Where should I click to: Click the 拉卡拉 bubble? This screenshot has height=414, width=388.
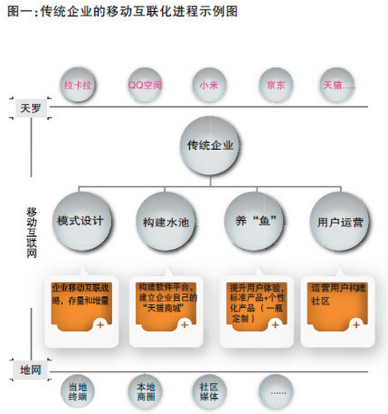[x=77, y=85]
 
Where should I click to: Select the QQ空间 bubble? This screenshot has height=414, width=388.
[x=145, y=85]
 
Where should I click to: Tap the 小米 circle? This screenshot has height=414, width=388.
[x=209, y=85]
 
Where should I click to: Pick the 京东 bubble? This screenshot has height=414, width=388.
[x=276, y=85]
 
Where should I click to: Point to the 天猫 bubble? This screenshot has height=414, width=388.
[x=337, y=85]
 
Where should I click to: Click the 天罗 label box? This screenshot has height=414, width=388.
[x=31, y=108]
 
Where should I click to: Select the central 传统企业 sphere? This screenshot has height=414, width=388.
[x=210, y=145]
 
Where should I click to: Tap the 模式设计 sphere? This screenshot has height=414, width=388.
[x=81, y=221]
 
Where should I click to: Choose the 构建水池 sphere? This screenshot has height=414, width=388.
[x=165, y=222]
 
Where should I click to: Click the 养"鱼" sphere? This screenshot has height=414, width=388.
[x=255, y=221]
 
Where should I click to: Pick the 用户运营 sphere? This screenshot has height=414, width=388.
[x=340, y=222]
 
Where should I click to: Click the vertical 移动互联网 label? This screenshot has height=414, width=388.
[x=31, y=232]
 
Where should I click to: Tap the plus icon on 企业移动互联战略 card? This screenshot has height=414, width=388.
[x=101, y=325]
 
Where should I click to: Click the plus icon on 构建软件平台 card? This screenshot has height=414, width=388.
[x=184, y=325]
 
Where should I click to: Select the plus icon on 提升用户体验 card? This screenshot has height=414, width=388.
[x=275, y=325]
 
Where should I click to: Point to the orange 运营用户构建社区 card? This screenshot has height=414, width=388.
[x=337, y=306]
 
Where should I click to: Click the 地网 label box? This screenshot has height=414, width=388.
[x=31, y=370]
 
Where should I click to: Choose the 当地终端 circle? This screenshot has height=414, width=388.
[x=77, y=391]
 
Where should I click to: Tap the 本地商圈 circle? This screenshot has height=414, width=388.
[x=145, y=391]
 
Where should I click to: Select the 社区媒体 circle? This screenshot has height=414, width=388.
[x=209, y=391]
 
